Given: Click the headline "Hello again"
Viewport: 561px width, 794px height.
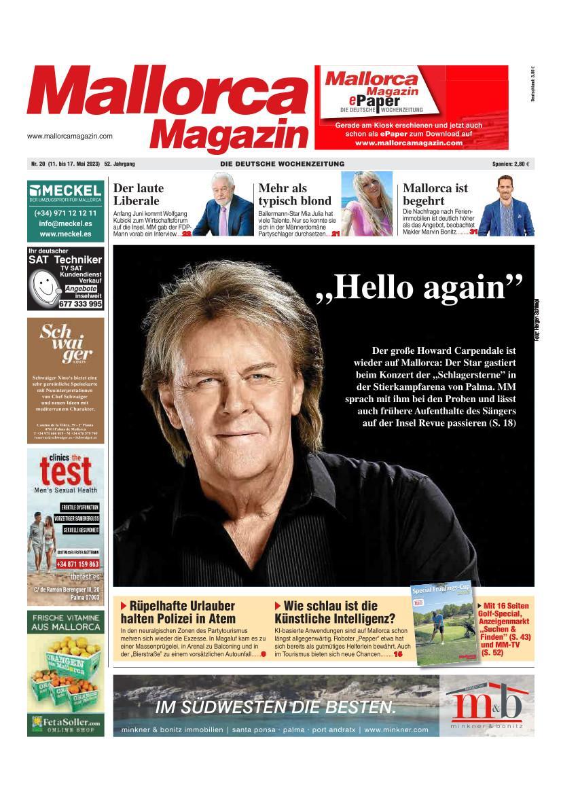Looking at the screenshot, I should pyautogui.click(x=420, y=287).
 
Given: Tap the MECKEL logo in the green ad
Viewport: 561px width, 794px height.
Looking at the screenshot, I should pyautogui.click(x=66, y=190).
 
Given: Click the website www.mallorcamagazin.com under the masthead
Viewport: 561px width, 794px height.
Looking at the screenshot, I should pyautogui.click(x=70, y=136).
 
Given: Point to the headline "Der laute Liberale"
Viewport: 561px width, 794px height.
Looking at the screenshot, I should pyautogui.click(x=138, y=194).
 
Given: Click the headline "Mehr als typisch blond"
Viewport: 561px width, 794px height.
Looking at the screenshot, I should pyautogui.click(x=295, y=194).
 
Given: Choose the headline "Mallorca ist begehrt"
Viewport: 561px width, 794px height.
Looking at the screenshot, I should pyautogui.click(x=435, y=194).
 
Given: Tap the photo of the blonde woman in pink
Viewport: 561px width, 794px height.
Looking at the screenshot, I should pyautogui.click(x=367, y=203).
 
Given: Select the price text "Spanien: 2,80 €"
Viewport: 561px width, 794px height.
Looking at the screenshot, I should pyautogui.click(x=510, y=164).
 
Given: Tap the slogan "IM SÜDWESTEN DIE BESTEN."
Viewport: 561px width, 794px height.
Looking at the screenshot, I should pyautogui.click(x=276, y=707).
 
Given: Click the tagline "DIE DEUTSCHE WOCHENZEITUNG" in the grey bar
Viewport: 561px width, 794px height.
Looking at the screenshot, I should pyautogui.click(x=282, y=164).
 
